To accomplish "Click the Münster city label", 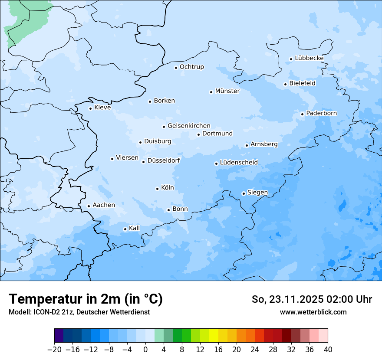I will point(227,91).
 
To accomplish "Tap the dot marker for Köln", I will point(157,189).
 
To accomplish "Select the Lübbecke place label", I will point(309,58).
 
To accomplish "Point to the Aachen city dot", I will point(89,206).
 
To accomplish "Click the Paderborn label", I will point(321,114).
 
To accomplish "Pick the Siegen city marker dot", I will point(244,193).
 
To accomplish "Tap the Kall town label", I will point(134,228).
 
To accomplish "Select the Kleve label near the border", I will point(102,108).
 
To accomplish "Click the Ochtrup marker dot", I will point(176,68).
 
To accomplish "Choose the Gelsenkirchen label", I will point(189,126).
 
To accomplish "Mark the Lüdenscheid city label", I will point(239,163).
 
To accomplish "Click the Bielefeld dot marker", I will point(285,84).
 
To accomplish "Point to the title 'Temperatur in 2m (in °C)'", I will point(86,299).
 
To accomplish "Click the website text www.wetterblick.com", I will point(313,312).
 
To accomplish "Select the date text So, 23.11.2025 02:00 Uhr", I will point(311,299).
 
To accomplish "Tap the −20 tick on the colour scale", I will point(55,350).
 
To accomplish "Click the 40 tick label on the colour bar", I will point(327,350).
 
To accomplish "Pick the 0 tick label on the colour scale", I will point(145,350).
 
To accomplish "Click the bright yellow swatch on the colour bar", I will point(214,336).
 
